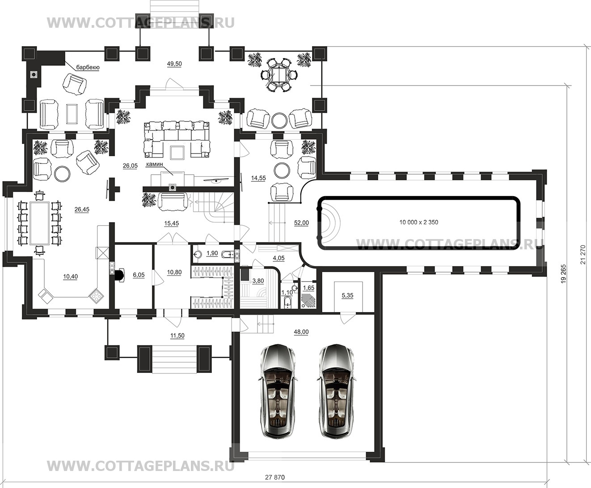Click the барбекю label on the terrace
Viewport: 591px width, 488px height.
pos(88,68)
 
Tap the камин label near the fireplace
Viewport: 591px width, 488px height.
pos(155,164)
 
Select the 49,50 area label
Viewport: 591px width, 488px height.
pos(174,64)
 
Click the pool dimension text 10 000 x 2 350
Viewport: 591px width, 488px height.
pos(418,223)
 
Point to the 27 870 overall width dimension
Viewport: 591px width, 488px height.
pos(275,478)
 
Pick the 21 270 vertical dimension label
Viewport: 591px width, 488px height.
pos(583,254)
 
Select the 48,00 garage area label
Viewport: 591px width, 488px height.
pos(301,332)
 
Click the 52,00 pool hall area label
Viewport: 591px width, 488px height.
pos(301,223)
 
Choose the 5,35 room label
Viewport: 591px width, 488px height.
pos(347,295)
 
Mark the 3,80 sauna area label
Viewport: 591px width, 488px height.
pos(258,281)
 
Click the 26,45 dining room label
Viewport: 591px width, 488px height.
pos(82,210)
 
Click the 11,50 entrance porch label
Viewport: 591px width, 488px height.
pos(177,336)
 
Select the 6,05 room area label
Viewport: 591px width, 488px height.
pos(139,275)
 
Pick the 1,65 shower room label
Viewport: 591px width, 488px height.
pos(308,288)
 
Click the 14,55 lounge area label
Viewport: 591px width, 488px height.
pos(258,178)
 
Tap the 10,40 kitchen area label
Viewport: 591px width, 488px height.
pos(71,277)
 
